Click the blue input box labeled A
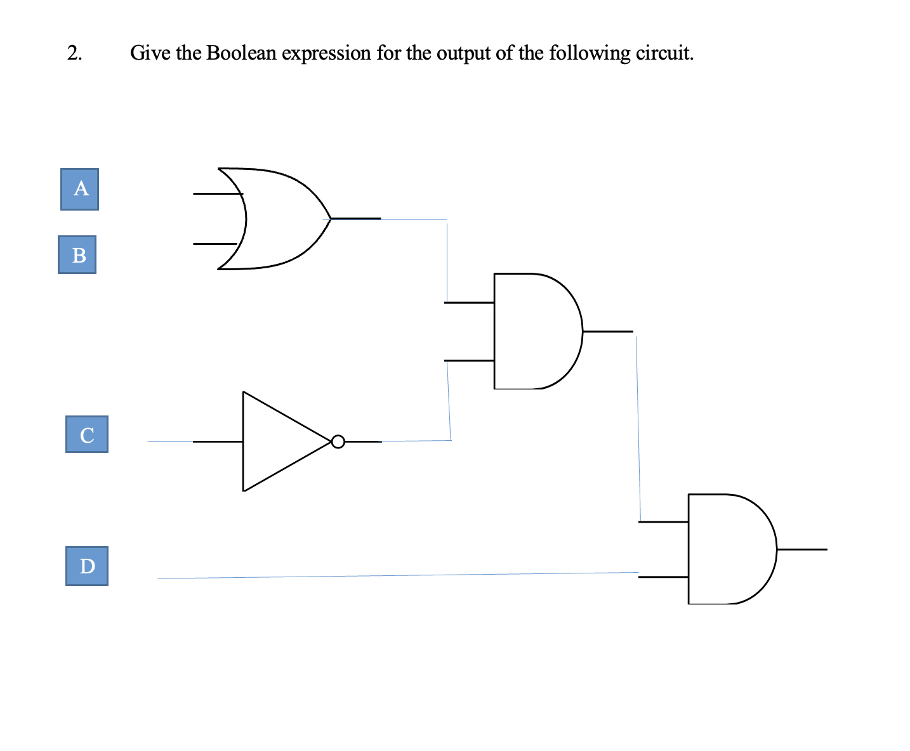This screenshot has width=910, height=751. (79, 189)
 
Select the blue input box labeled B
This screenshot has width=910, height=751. (77, 254)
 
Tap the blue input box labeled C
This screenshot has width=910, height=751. (87, 434)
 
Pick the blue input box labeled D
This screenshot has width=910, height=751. (87, 566)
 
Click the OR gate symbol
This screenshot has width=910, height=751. (279, 219)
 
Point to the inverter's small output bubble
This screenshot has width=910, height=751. (338, 441)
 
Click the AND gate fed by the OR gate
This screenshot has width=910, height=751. (533, 331)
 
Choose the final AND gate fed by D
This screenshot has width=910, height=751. (727, 549)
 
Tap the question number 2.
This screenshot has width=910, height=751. (74, 53)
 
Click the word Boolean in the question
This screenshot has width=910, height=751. (241, 53)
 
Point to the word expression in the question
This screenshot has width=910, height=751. (326, 53)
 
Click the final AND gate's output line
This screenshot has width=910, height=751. (802, 549)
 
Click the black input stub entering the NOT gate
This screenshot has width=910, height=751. (218, 441)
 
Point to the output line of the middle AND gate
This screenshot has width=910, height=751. (607, 331)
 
